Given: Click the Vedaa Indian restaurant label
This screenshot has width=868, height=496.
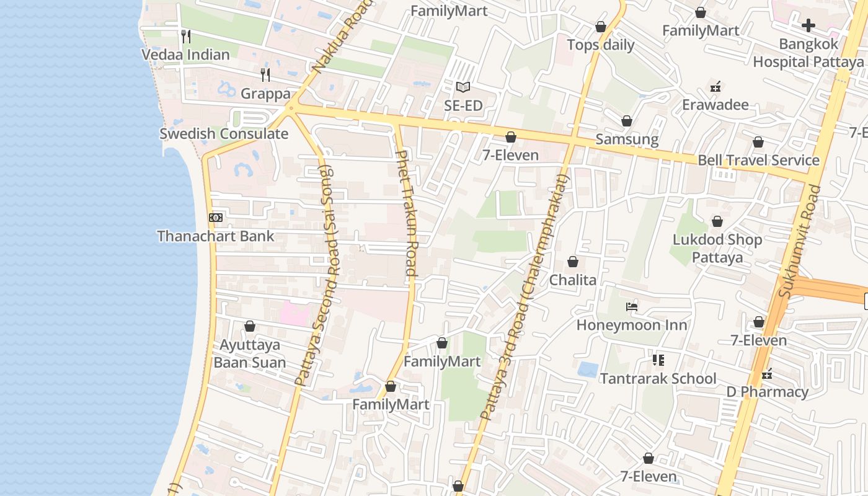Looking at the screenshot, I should [185, 55].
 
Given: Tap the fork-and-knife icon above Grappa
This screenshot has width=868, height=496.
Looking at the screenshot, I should [265, 75].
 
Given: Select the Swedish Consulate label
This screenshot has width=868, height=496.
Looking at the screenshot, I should [224, 134].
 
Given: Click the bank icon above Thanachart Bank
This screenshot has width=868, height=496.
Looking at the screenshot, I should [215, 218].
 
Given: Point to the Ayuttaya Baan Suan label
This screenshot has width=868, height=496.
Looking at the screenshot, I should [250, 353].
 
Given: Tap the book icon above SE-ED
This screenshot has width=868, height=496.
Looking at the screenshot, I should [463, 87].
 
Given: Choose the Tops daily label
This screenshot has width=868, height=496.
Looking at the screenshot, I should [601, 45].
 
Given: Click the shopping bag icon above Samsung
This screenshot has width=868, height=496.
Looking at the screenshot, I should [627, 121].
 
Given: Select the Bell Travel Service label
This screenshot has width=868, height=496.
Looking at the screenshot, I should [758, 161].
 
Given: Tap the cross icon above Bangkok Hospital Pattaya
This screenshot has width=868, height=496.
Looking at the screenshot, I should [808, 25].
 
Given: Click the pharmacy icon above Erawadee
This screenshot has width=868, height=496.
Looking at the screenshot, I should [715, 86].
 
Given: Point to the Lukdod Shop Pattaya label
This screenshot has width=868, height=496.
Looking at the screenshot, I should [717, 248].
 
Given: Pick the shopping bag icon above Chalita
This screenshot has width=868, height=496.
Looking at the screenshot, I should [573, 262].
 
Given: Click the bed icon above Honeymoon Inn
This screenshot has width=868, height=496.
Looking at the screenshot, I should [632, 307].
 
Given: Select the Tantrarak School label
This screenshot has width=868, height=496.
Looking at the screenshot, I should [658, 378].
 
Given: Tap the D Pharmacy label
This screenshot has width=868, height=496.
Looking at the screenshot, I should [767, 392].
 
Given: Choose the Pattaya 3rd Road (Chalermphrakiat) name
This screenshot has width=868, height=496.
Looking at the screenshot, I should [524, 298].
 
